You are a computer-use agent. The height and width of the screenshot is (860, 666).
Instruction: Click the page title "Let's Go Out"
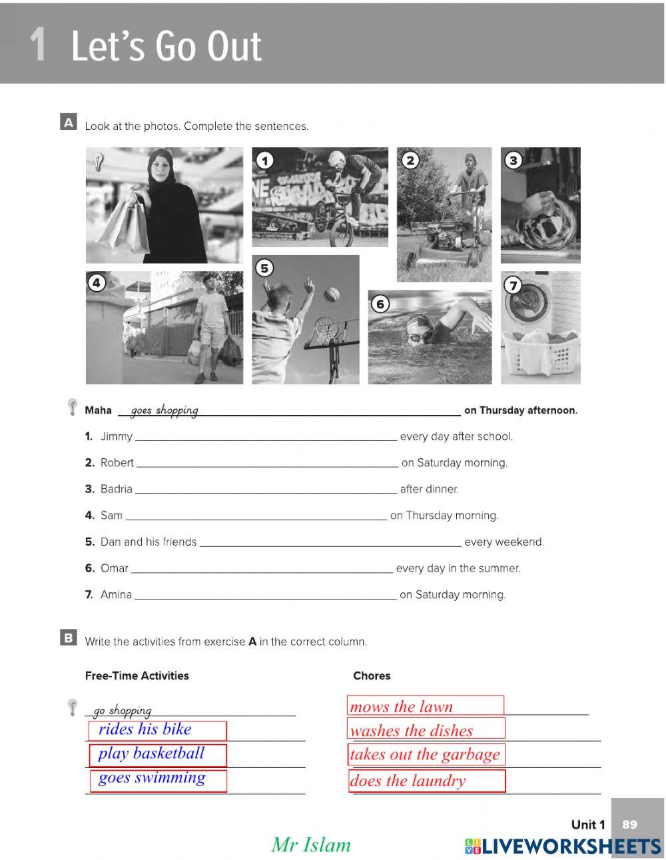pyautogui.click(x=166, y=46)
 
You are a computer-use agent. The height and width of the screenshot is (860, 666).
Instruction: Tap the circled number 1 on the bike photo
pyautogui.click(x=265, y=161)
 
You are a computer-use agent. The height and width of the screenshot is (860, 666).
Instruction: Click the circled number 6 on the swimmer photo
pyautogui.click(x=380, y=304)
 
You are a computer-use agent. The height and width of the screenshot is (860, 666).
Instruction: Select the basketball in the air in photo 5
pyautogui.click(x=332, y=294)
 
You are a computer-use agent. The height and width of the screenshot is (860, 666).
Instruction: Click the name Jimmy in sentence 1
pyautogui.click(x=117, y=437)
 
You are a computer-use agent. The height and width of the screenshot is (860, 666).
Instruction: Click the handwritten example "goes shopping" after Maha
pyautogui.click(x=165, y=410)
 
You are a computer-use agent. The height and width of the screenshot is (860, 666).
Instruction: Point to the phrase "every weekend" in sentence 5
pyautogui.click(x=504, y=542)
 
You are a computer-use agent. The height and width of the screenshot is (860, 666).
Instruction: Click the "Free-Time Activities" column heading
pyautogui.click(x=137, y=675)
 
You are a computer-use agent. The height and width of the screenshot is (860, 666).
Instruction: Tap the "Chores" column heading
pyautogui.click(x=372, y=675)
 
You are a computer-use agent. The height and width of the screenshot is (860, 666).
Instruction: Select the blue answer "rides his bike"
pyautogui.click(x=145, y=729)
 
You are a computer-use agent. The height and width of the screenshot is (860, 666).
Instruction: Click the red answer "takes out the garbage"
pyautogui.click(x=425, y=755)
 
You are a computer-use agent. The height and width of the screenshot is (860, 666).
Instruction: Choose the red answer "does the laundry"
pyautogui.click(x=408, y=781)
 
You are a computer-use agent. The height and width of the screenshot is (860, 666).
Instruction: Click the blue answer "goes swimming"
pyautogui.click(x=152, y=778)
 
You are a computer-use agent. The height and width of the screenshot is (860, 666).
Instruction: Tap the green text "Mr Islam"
pyautogui.click(x=310, y=845)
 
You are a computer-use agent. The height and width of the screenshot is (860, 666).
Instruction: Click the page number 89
pyautogui.click(x=629, y=825)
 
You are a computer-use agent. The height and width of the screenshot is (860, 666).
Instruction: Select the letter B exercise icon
pyautogui.click(x=68, y=638)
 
